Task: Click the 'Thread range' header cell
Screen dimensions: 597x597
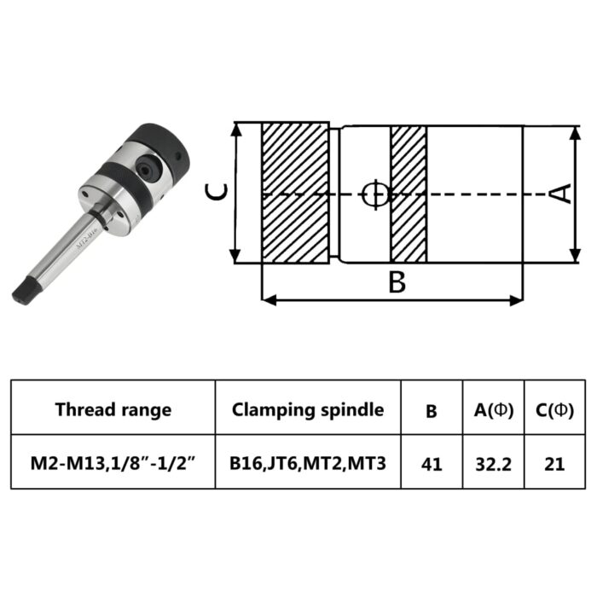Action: click(113, 409)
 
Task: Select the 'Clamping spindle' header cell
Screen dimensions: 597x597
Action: click(307, 409)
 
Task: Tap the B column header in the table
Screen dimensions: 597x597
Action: click(432, 410)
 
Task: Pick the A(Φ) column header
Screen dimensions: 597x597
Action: click(493, 410)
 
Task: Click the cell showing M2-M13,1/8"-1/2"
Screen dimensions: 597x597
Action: click(113, 464)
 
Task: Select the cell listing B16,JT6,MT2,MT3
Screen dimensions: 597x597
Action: click(307, 464)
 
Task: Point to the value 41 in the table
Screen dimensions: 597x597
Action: click(432, 465)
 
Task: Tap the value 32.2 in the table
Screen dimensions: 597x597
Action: click(493, 465)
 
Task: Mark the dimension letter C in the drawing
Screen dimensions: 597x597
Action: click(218, 194)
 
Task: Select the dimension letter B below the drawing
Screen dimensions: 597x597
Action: click(397, 282)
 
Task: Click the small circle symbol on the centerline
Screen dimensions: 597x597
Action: click(374, 194)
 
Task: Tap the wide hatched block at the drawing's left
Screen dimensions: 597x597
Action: click(293, 194)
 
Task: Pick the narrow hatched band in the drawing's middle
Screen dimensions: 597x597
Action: click(409, 194)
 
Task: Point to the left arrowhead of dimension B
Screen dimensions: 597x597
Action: click(267, 299)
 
